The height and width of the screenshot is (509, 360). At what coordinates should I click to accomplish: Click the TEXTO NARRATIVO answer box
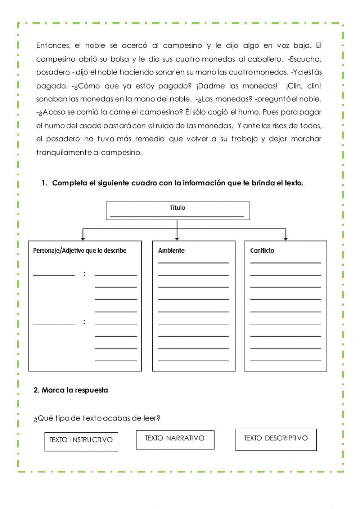coord(175,440)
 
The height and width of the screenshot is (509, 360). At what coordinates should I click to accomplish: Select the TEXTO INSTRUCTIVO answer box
coord(81,441)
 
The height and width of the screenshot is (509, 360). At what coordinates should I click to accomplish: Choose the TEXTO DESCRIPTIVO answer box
coord(276,439)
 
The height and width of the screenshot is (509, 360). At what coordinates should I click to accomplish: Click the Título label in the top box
coord(177,208)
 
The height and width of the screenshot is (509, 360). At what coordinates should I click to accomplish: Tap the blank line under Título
coord(177,216)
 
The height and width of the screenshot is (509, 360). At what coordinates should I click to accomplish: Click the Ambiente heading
coord(171,251)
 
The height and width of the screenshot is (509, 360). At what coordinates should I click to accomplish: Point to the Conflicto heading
coord(262,251)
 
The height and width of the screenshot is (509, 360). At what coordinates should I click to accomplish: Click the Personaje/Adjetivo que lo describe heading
coord(80,251)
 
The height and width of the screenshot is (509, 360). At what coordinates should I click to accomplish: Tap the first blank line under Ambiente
coord(193,263)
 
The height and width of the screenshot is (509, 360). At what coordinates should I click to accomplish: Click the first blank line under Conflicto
coord(285,263)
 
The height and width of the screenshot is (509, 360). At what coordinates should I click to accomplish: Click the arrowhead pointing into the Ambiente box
coord(177,239)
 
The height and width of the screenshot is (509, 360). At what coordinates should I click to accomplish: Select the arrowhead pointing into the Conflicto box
coord(286,239)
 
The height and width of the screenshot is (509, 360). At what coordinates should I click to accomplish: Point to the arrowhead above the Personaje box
coord(83,239)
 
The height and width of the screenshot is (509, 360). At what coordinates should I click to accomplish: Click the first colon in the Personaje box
coord(84,274)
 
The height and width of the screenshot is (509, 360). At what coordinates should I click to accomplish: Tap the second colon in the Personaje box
coord(84,322)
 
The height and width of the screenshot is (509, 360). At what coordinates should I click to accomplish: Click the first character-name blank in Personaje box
coord(54,275)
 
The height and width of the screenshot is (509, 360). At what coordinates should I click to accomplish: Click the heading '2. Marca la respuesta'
coord(71,390)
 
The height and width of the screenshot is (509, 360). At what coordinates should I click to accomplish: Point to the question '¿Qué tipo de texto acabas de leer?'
coord(97,418)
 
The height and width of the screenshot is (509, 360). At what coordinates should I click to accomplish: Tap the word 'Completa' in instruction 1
coord(70,183)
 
